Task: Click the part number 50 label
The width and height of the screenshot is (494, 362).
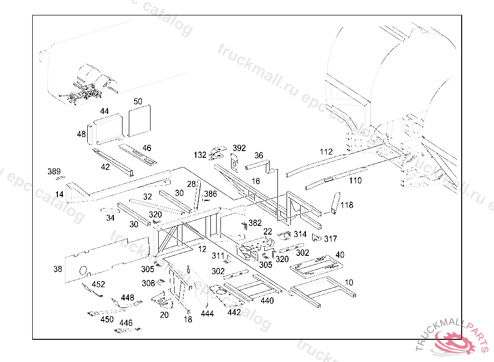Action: point(138,101)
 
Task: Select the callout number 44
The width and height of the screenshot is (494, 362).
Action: point(104,111)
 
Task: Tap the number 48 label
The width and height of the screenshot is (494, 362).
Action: point(81,134)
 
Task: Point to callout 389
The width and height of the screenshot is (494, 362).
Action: point(54,172)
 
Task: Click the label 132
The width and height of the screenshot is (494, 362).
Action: point(200,155)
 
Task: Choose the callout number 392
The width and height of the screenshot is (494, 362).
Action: point(239,148)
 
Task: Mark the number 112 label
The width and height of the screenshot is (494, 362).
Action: point(326,152)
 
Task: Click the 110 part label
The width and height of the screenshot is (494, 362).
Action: point(355,181)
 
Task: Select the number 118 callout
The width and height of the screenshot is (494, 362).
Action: point(347,205)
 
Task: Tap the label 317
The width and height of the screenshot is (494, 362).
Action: point(330,238)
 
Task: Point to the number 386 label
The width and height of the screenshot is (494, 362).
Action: point(210,194)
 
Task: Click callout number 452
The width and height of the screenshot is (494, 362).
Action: point(98,284)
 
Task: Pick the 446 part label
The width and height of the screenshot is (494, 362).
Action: point(126,323)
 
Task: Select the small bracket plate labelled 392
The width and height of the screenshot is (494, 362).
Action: point(235,163)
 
